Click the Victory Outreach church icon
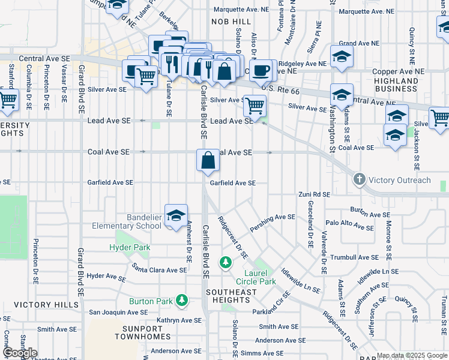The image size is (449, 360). [x=359, y=179]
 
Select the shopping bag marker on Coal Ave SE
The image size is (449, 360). [x=208, y=161]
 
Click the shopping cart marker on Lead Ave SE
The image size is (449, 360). [x=255, y=107]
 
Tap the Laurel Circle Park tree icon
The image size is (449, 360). [x=225, y=262]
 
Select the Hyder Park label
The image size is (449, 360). [x=130, y=247]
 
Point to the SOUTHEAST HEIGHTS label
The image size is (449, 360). [x=231, y=292]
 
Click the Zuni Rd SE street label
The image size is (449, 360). [x=315, y=194]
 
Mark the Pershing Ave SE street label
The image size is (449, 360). [x=273, y=217]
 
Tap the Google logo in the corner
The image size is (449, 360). [x=20, y=353]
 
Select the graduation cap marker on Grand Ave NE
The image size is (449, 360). [x=342, y=58]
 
